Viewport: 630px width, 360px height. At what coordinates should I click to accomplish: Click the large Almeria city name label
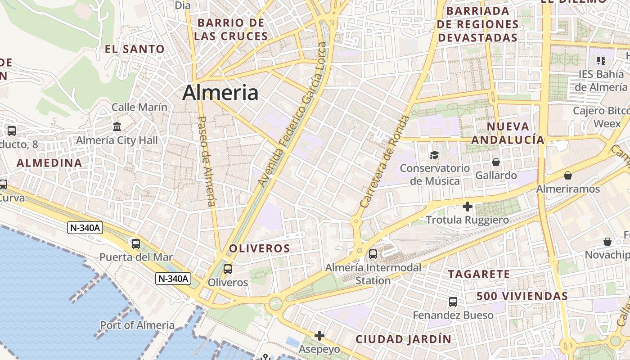[x=220, y=93]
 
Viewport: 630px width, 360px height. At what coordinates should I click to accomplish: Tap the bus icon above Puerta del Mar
[x=135, y=244]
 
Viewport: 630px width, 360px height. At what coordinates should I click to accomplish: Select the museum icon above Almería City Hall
[x=117, y=126]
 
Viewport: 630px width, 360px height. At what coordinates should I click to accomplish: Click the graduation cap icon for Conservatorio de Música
[x=434, y=155]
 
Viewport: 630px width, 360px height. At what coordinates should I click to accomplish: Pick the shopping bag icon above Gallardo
[x=496, y=162]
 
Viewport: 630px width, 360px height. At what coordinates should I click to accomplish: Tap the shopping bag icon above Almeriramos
[x=568, y=175]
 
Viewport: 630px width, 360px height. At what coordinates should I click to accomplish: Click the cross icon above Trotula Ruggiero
[x=468, y=207]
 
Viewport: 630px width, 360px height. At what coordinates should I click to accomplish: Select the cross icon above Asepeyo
[x=319, y=336]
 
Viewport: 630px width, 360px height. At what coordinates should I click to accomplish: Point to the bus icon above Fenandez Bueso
[x=453, y=301]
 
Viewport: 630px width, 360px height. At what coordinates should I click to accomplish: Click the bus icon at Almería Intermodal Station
[x=373, y=254]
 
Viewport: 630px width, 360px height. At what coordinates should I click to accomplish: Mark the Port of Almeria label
[x=137, y=325]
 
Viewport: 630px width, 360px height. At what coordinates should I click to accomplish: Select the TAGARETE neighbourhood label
[x=479, y=274]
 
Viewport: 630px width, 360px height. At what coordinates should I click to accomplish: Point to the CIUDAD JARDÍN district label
[x=403, y=339]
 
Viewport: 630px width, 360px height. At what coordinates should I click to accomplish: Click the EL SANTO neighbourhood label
[x=135, y=49]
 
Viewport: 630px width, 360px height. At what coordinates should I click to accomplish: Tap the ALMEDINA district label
[x=49, y=163]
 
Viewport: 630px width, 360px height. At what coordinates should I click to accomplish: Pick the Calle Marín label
[x=139, y=107]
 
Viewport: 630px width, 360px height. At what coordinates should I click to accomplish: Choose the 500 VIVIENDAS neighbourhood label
[x=522, y=296]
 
